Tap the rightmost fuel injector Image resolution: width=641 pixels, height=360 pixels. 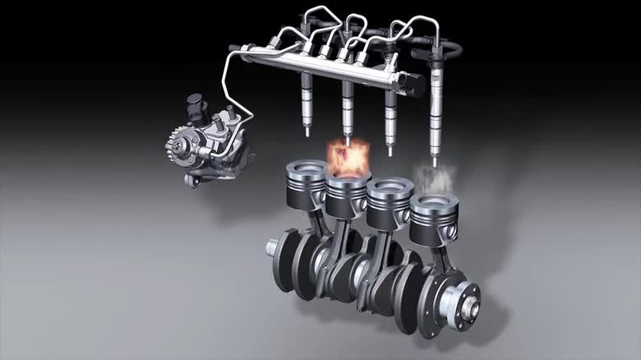(436, 107)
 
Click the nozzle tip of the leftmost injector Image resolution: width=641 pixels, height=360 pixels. (306, 132)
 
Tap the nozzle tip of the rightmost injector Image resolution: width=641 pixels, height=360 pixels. (435, 161)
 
